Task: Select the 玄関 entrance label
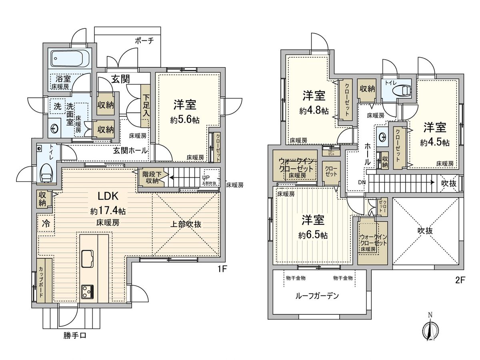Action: [120, 80]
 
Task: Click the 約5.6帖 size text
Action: [184, 120]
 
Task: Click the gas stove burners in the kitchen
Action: [88, 292]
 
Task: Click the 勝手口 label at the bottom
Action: [74, 336]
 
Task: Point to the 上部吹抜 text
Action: [187, 224]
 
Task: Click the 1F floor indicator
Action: [222, 269]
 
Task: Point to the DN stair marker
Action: [362, 182]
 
